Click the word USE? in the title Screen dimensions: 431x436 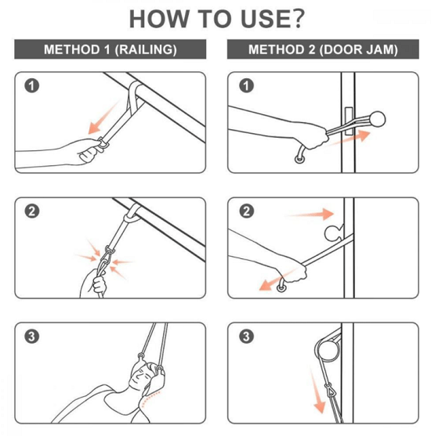(x=273, y=19)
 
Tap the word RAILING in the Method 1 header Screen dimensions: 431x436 (x=146, y=49)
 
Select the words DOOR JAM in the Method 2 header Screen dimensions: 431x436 (x=359, y=49)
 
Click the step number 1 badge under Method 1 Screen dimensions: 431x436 (x=32, y=86)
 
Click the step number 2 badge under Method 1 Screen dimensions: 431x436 (x=32, y=211)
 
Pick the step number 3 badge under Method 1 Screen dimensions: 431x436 (x=32, y=337)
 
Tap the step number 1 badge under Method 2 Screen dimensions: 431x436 (x=246, y=85)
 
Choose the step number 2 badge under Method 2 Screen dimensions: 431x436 (x=246, y=211)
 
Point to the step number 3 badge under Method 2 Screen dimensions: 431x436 (x=246, y=337)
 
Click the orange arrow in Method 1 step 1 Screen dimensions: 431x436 (x=103, y=118)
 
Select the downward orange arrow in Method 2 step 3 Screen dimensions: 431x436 (x=317, y=390)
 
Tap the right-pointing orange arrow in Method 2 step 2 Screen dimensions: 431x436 (x=310, y=214)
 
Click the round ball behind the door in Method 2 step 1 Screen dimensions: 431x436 (x=378, y=119)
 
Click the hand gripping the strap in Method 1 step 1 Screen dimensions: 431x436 (x=89, y=150)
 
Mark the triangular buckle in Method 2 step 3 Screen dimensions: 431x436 (x=329, y=390)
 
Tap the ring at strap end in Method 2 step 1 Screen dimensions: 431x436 (x=299, y=160)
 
